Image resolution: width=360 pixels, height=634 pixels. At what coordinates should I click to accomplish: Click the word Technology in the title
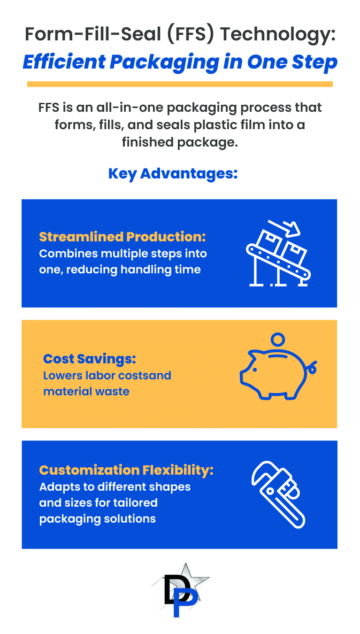coord(278,35)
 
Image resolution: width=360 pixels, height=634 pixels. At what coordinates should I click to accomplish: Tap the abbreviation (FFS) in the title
coord(190,34)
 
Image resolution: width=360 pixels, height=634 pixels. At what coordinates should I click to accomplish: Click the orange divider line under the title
coord(180,84)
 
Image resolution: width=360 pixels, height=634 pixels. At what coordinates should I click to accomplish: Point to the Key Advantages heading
coord(173,174)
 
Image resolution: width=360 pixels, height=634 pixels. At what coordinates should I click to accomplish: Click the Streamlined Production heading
coord(123,237)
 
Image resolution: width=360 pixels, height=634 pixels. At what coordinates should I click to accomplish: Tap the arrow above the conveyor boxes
coord(284,228)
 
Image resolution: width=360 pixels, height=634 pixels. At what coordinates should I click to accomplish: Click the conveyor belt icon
coord(278,253)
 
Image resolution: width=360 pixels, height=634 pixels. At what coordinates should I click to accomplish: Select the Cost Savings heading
coord(89,359)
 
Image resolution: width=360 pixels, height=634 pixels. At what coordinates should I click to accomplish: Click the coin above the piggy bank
coord(278,339)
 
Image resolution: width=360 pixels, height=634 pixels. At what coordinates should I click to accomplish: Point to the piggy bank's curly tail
coord(312,367)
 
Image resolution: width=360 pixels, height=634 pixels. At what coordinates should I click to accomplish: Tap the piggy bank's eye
coord(254,370)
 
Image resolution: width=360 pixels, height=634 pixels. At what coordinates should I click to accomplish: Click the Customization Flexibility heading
coord(126,470)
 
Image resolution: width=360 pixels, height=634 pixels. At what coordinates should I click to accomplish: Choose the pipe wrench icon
coord(278,495)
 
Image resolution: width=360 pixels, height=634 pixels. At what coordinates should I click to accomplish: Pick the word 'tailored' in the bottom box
coord(135,503)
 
